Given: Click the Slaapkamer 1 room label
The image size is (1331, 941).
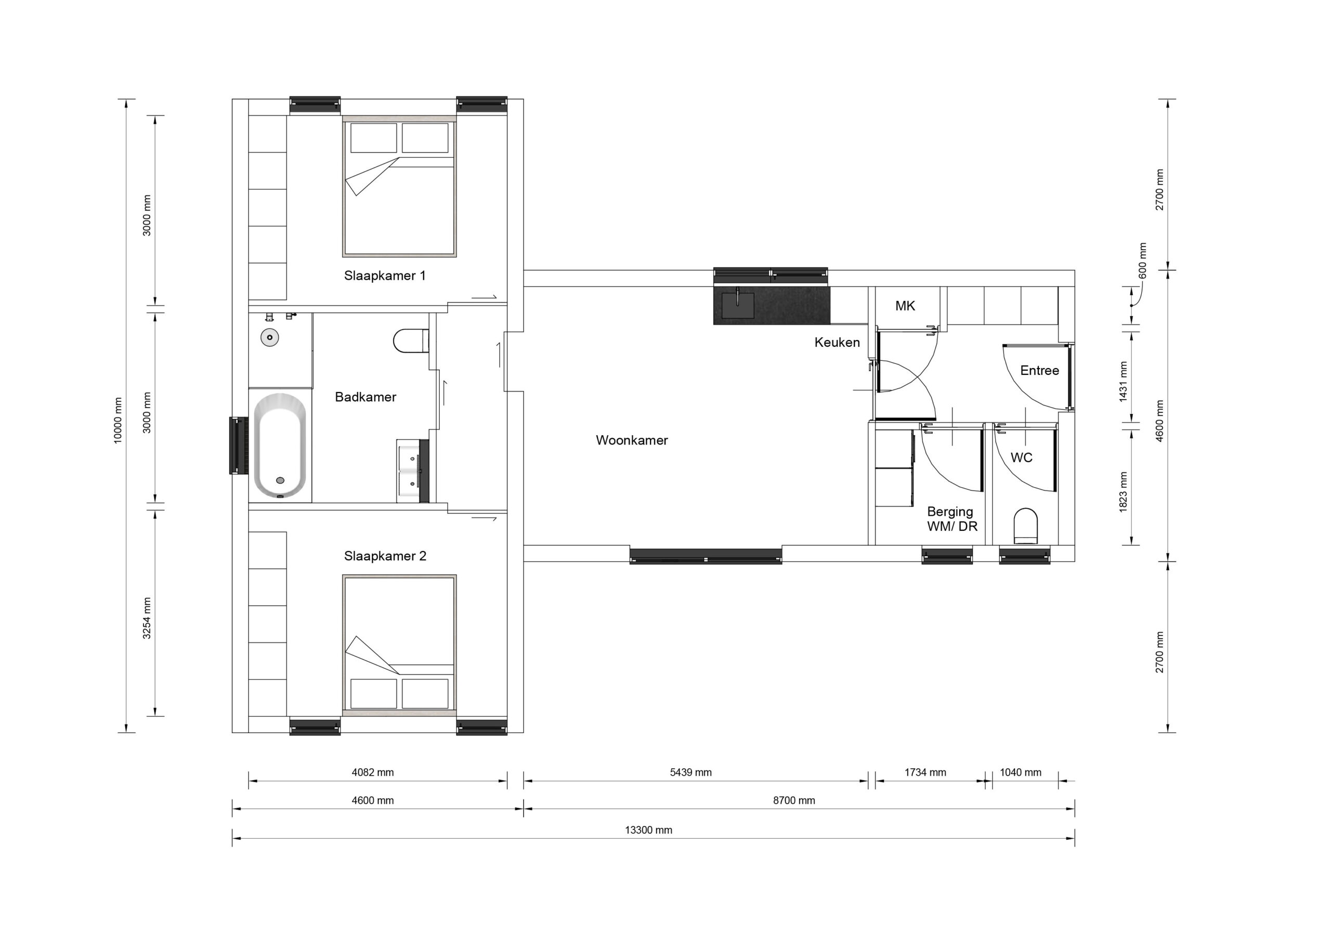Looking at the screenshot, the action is [385, 276].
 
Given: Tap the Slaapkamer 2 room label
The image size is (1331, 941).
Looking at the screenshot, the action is [385, 556].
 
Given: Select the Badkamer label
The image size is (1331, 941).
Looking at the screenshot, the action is [365, 397].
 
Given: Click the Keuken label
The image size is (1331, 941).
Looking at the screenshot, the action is [837, 342].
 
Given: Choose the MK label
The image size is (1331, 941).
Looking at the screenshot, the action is [905, 306].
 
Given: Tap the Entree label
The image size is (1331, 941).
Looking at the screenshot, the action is [1039, 371].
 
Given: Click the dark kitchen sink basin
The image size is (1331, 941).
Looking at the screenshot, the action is [738, 305].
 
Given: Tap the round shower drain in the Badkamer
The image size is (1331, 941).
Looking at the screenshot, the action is [269, 337].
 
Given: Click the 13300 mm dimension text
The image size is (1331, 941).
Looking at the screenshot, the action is [648, 830].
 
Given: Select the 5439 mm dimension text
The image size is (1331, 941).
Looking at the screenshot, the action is [690, 772].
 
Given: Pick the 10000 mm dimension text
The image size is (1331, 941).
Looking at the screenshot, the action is [118, 421].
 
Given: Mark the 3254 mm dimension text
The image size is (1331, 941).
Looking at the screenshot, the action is [147, 618].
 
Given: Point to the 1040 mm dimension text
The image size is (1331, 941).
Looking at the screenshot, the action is [1020, 772].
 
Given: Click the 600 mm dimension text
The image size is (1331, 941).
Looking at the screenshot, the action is [1143, 260].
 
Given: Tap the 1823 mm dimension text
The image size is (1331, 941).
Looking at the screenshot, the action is [1123, 492].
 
